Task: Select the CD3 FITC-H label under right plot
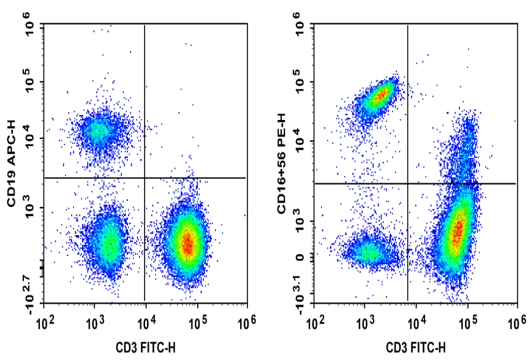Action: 416,347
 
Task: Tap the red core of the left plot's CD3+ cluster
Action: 188,244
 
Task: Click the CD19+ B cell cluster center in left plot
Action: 98,130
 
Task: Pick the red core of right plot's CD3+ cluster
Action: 456,233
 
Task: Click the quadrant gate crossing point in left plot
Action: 145,178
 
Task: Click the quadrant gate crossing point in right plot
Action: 408,183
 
